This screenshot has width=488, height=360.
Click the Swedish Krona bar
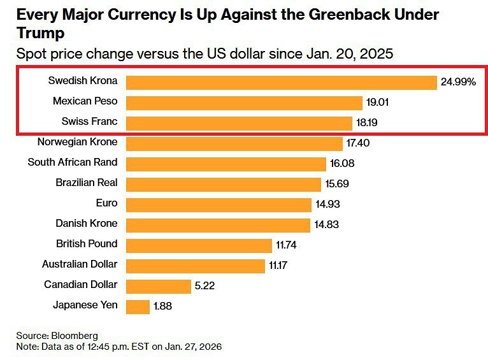tap(281, 82)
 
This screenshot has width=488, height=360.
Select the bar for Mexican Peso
tap(244, 102)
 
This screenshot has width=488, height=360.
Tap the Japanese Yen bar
tap(137, 306)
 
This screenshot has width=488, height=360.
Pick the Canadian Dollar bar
tap(158, 285)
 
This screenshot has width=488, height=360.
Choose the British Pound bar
tap(199, 245)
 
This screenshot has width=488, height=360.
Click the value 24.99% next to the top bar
tap(458, 82)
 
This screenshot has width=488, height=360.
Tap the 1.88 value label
tap(162, 306)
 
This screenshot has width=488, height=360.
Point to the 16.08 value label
tap(342, 163)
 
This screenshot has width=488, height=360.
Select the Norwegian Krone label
tap(77, 141)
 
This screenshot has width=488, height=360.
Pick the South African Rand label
tap(73, 162)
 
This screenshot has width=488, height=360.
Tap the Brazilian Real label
tap(87, 182)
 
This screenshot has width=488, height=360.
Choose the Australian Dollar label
tap(80, 264)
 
